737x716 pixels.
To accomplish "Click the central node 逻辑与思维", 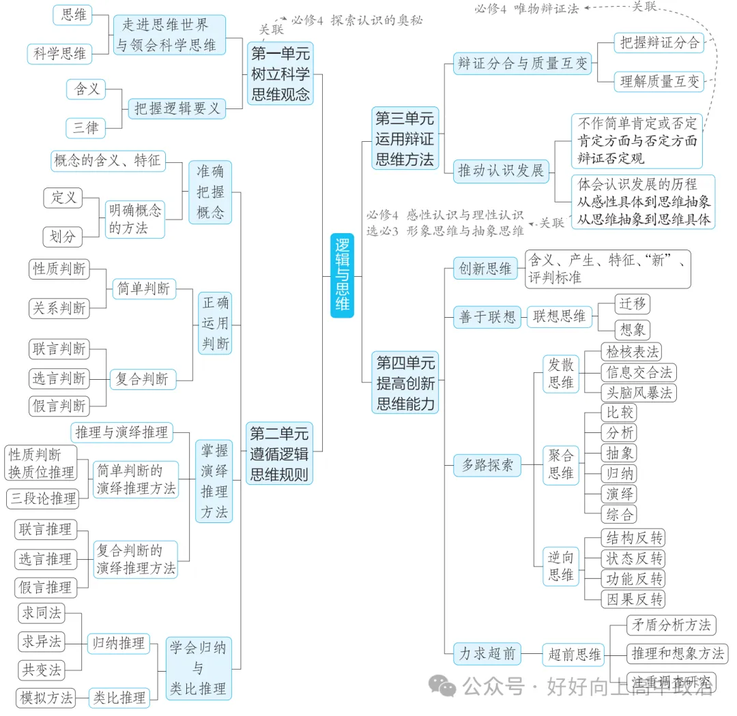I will [343, 275].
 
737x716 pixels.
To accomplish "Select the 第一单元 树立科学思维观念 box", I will [280, 73].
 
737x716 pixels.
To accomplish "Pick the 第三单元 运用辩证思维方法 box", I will [404, 139].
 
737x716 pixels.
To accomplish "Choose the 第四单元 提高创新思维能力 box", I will [405, 383].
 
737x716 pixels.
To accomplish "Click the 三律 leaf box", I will [86, 128].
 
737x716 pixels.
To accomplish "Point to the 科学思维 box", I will [60, 53].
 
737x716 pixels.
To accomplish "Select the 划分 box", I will [63, 237].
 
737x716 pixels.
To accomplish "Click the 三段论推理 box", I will [43, 498].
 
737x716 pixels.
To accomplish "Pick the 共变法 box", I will [42, 670].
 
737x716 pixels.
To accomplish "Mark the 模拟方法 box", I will [46, 698].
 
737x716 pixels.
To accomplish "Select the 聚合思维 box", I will [560, 464].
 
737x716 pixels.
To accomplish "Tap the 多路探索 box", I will [487, 466].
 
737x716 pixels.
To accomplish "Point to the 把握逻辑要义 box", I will [177, 108].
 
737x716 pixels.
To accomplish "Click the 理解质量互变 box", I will [660, 82].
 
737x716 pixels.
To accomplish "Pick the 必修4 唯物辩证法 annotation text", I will [526, 9].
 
